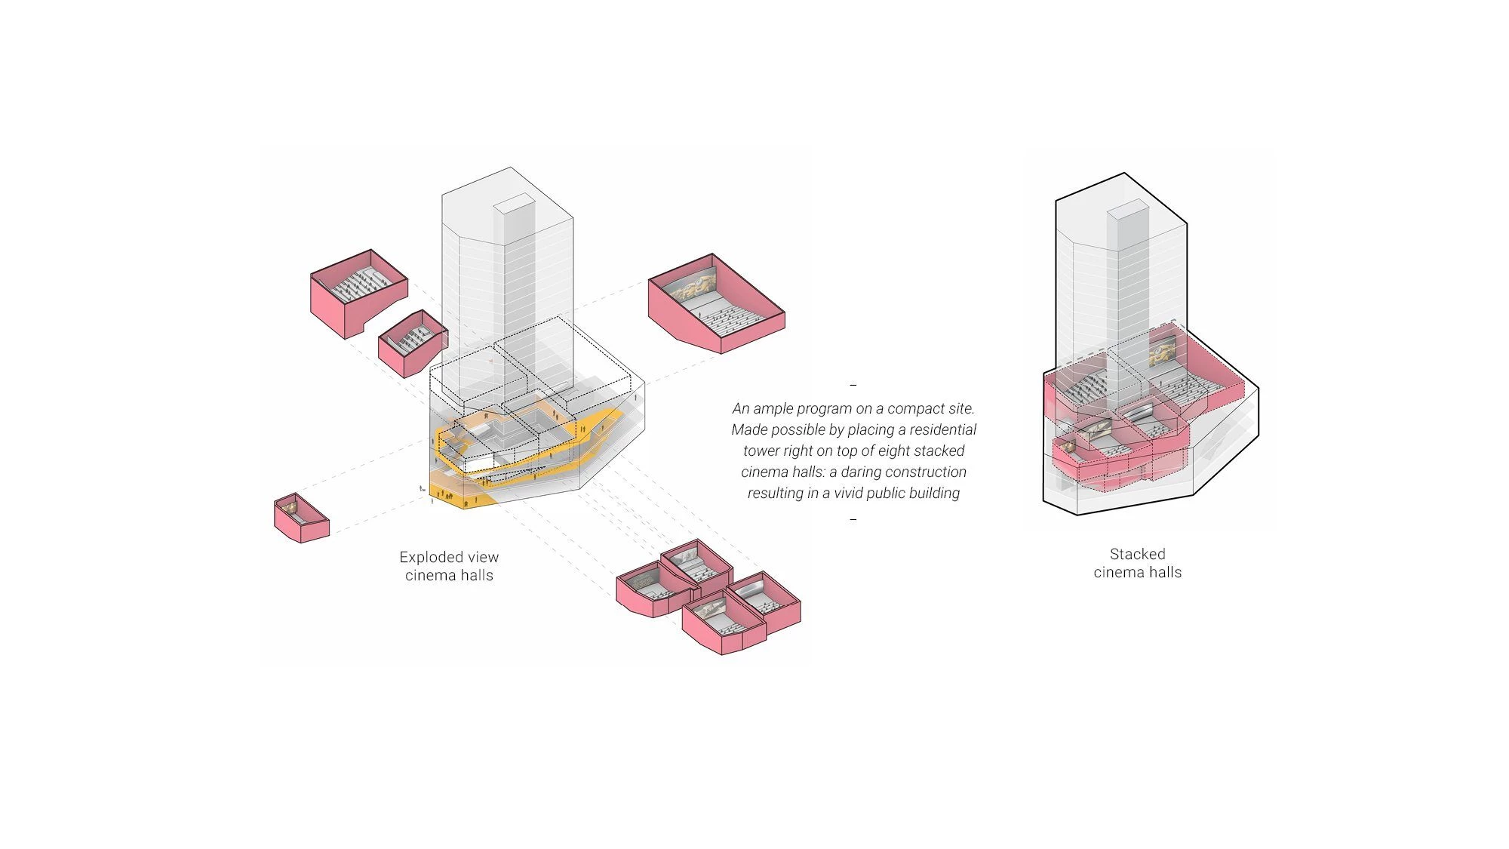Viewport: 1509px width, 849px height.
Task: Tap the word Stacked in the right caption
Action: [1137, 555]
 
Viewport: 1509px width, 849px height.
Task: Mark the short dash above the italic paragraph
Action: [853, 385]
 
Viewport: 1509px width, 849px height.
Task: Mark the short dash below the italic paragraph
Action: [853, 519]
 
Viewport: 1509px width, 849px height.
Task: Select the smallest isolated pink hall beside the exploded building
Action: [301, 518]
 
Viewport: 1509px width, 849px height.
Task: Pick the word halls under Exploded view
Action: [476, 576]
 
